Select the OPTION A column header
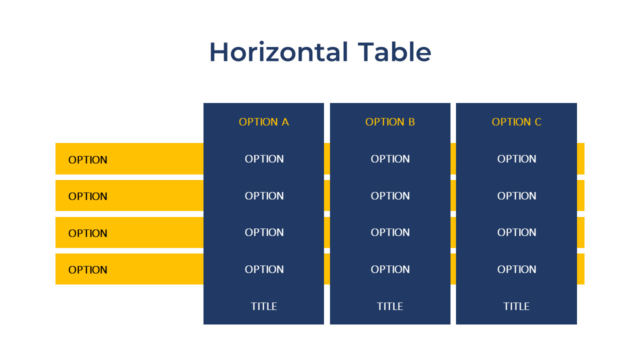click(264, 122)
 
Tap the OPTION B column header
click(390, 122)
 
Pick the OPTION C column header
click(516, 122)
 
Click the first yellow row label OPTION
click(88, 160)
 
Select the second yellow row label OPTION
click(88, 196)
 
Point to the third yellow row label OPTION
click(88, 233)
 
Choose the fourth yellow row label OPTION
click(88, 270)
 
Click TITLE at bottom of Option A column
click(264, 306)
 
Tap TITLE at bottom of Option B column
click(390, 306)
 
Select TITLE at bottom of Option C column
click(516, 306)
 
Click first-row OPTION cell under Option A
click(264, 159)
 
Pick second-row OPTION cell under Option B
click(390, 196)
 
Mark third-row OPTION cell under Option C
click(516, 232)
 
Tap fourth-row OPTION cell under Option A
click(264, 269)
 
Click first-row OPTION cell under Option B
click(390, 159)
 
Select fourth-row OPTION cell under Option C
click(516, 269)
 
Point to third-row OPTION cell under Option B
click(390, 232)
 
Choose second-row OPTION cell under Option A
click(264, 196)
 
